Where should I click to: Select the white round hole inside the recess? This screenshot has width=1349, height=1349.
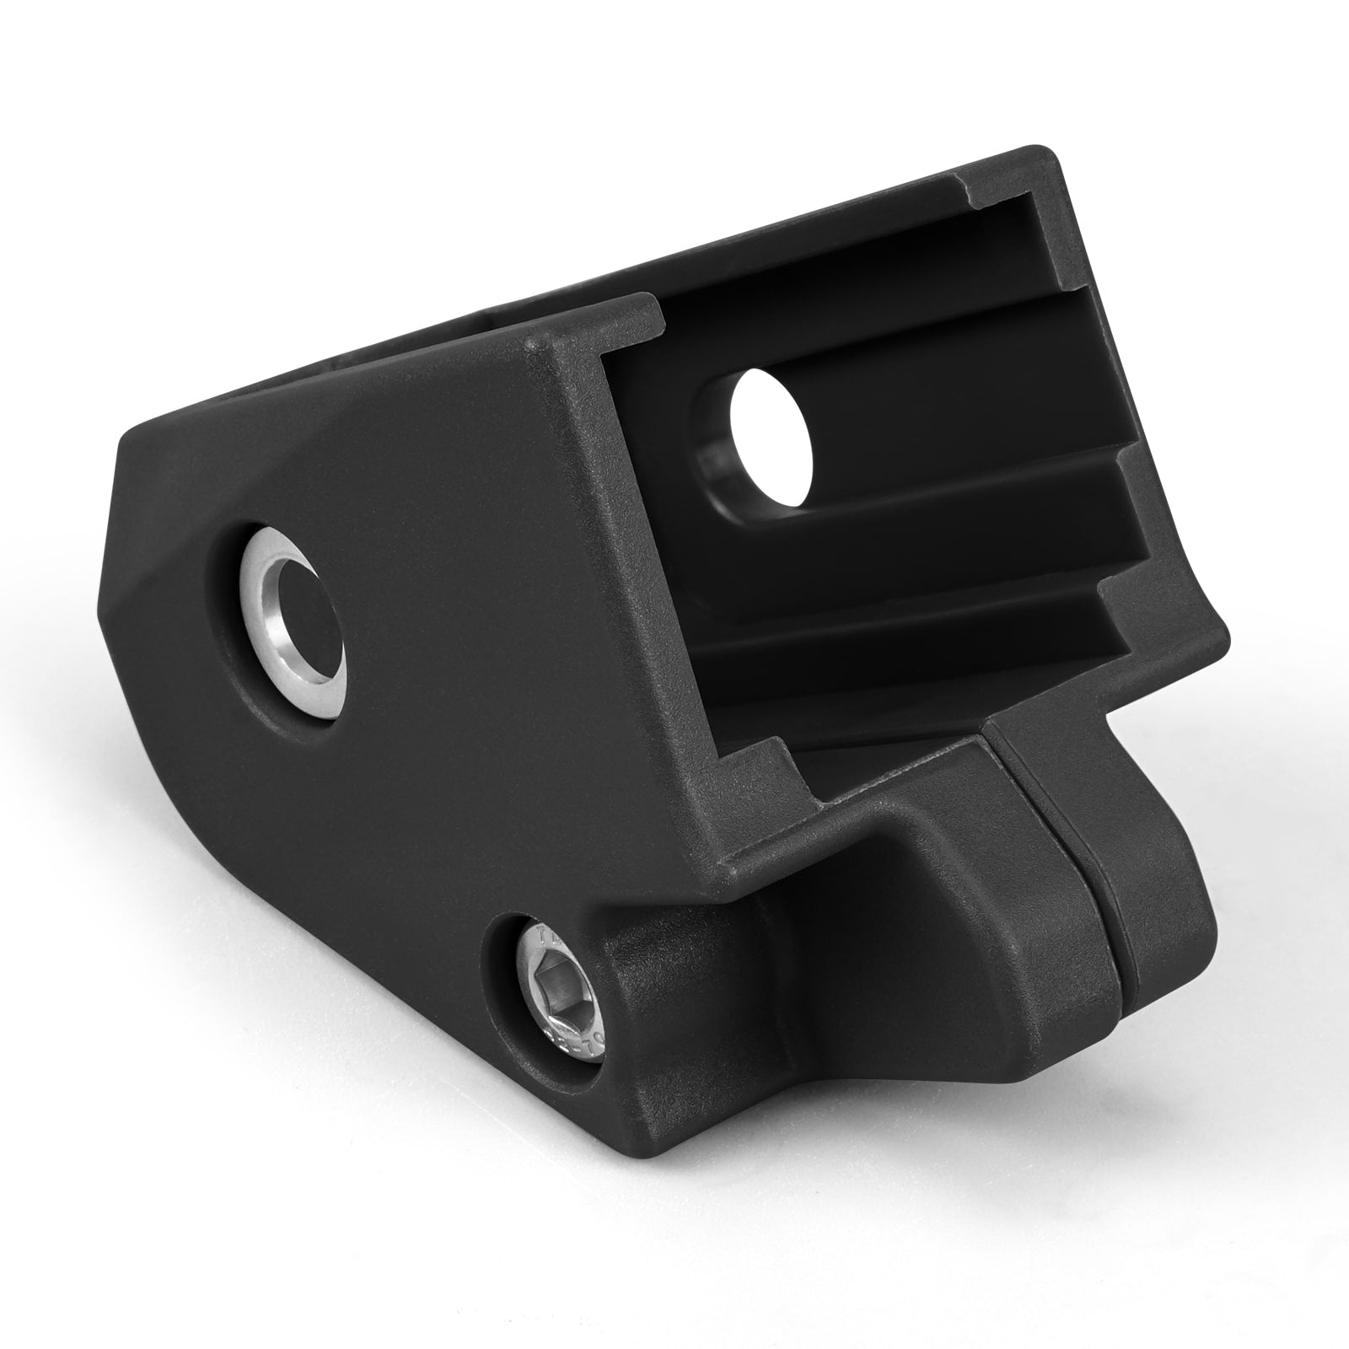pyautogui.click(x=771, y=440)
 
